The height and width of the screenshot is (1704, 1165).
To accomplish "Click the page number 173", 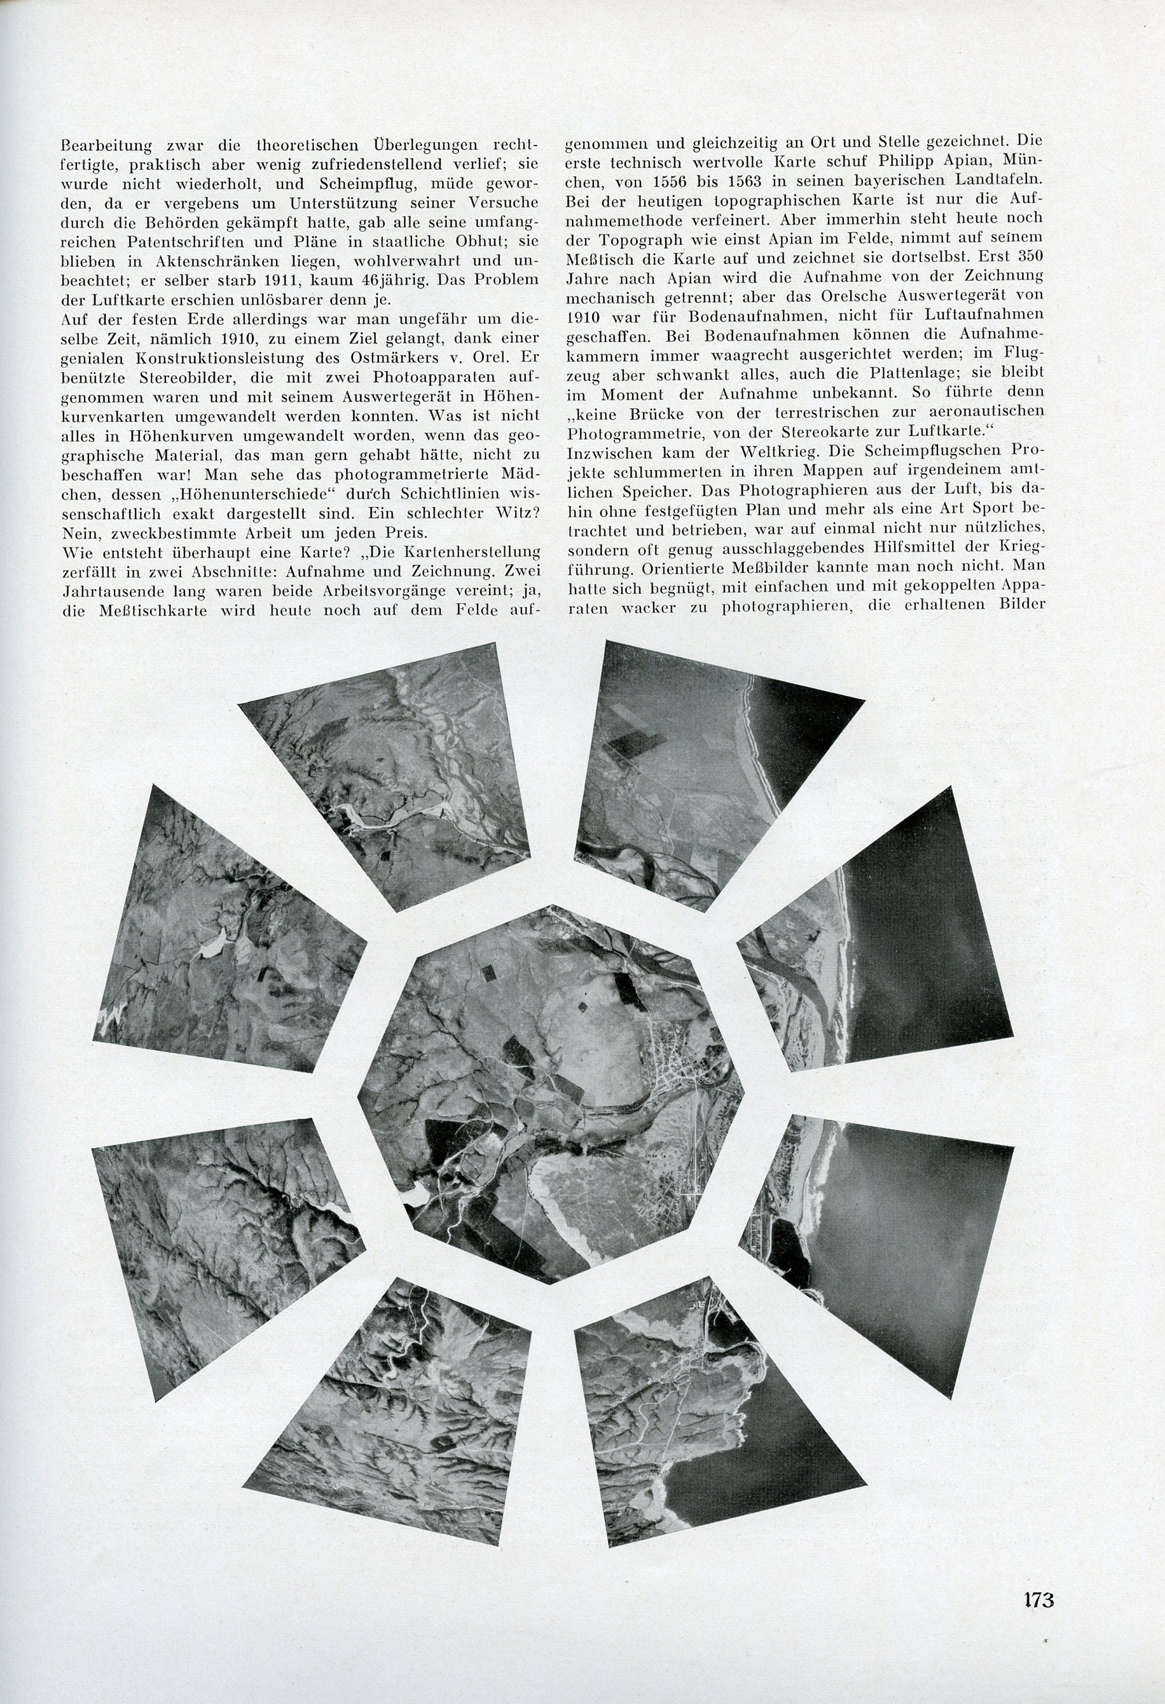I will pos(1038,1594).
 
